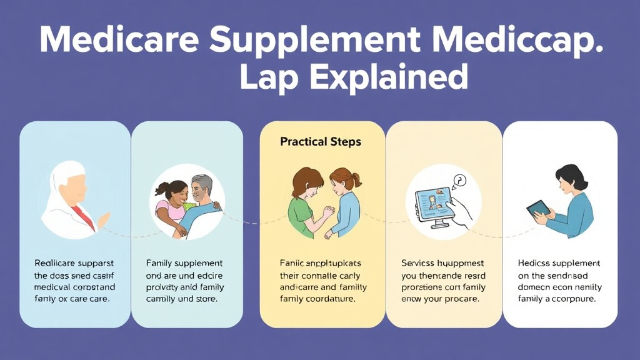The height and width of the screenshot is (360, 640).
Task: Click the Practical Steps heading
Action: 321,142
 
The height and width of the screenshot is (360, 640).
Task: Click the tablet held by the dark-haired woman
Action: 537,209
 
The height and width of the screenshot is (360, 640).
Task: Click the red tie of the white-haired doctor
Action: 82,216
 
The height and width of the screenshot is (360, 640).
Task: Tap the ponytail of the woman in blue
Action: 356,180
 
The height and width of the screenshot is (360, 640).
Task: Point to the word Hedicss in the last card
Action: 536,264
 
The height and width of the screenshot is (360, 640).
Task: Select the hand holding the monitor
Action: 461,212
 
